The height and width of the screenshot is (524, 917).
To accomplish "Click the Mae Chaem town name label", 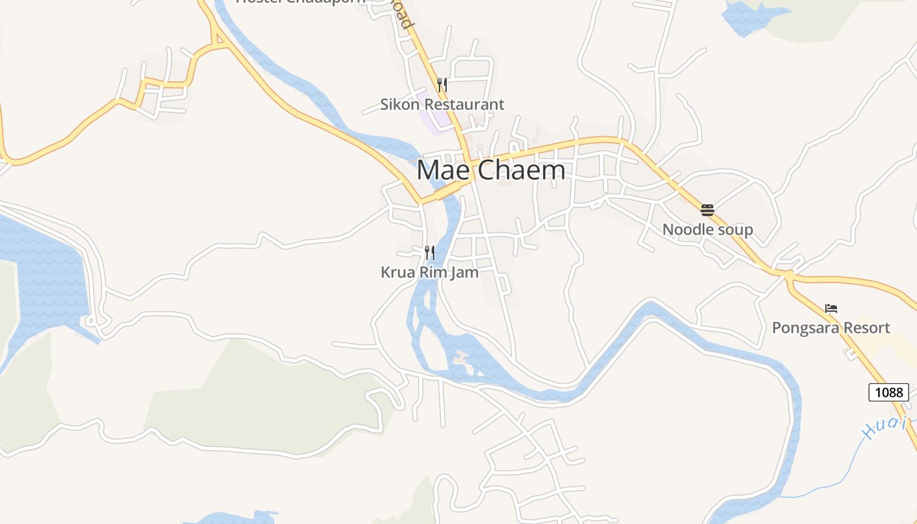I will pyautogui.click(x=491, y=170).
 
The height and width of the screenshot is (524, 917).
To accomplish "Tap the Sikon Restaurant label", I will pyautogui.click(x=442, y=104).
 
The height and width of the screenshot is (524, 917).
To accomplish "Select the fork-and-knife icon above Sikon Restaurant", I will pyautogui.click(x=442, y=84).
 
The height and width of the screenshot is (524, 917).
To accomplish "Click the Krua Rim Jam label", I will pyautogui.click(x=430, y=272).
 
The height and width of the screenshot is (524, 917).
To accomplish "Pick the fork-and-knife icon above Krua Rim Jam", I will pyautogui.click(x=430, y=252).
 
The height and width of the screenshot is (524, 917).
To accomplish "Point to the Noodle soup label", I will pyautogui.click(x=707, y=230).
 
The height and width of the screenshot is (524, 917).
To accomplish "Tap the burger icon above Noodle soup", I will pyautogui.click(x=707, y=210).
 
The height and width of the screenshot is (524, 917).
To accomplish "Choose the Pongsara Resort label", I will pyautogui.click(x=831, y=328).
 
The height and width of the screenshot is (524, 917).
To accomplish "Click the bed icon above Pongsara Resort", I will pyautogui.click(x=831, y=308).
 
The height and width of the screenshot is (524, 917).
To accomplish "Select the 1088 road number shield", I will pyautogui.click(x=889, y=393).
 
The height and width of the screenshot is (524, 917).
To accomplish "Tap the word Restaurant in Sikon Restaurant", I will pyautogui.click(x=464, y=104).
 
